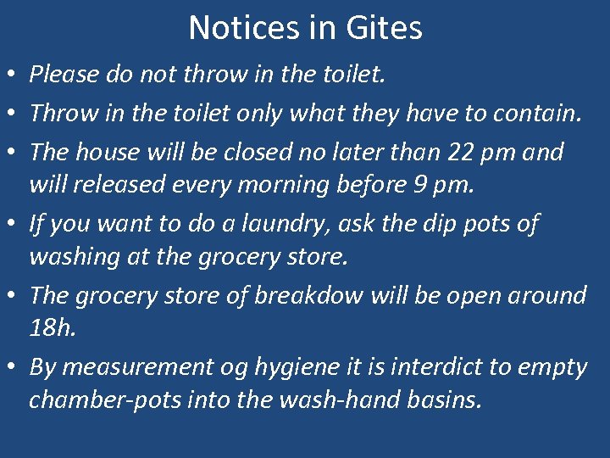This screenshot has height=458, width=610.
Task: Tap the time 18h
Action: (x=52, y=327)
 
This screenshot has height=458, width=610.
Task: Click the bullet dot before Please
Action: (x=13, y=75)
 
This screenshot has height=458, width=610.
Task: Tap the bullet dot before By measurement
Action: (x=13, y=368)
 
